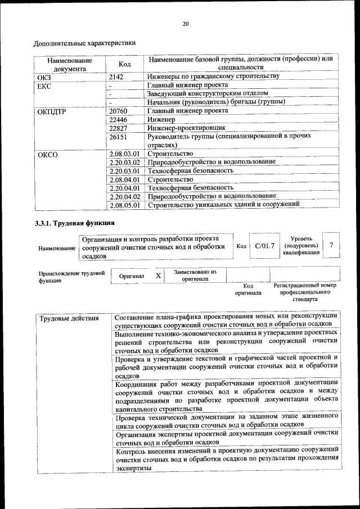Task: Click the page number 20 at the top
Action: coord(185,24)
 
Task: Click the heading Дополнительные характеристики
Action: coord(84,43)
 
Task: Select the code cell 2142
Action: coord(116,76)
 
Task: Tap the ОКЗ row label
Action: coord(44,76)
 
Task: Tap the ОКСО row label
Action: coord(47,154)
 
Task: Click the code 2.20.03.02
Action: coord(124,162)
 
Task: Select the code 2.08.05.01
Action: coord(124,205)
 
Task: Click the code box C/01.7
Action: coord(264,246)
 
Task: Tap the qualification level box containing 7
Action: coord(331,245)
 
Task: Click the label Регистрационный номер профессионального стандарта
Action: coord(304,292)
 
